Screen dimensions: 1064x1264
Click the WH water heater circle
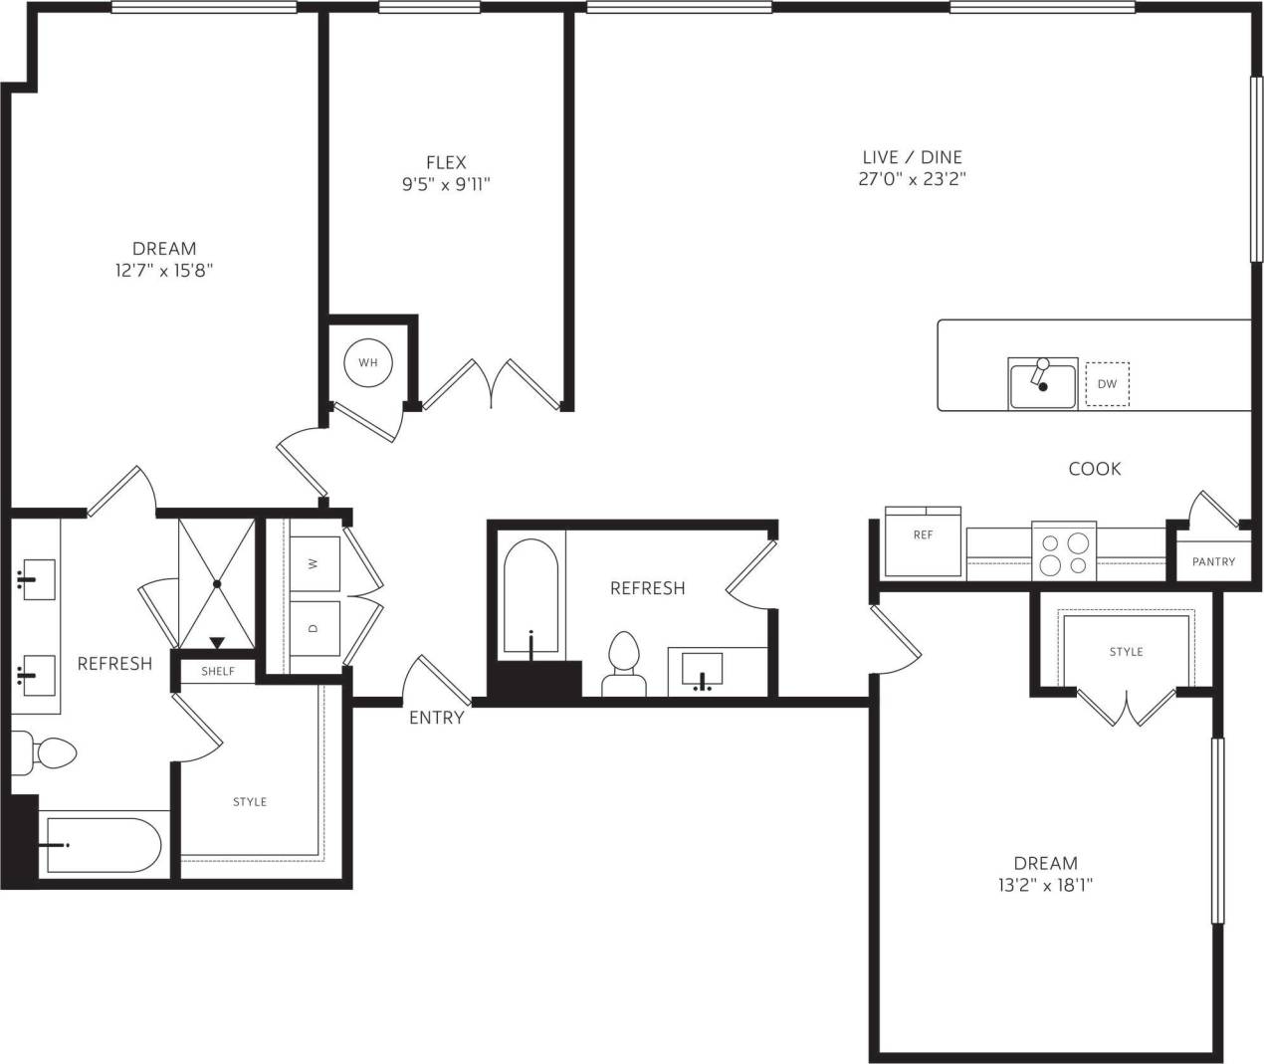pos(367,362)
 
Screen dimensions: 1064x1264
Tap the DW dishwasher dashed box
pos(1107,384)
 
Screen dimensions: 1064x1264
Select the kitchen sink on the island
pos(1042,385)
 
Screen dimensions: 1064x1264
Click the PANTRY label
pos(1213,561)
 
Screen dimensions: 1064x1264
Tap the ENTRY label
pos(436,718)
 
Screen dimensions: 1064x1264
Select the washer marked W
pos(315,563)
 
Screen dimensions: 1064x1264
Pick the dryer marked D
pos(315,629)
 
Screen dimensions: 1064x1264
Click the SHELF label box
pos(218,671)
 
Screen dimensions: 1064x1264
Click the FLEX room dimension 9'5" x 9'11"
pos(446,183)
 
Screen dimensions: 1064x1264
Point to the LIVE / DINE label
pos(912,157)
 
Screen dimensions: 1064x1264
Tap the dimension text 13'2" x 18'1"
pos(1045,885)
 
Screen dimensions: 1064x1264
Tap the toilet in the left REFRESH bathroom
pos(48,753)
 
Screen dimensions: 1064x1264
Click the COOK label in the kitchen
pos(1094,469)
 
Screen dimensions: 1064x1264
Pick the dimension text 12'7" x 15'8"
pos(164,270)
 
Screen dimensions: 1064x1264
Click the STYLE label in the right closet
pos(1126,652)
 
